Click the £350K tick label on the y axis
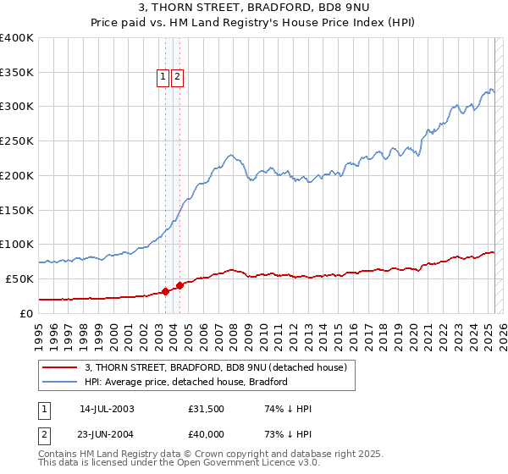pos(17,73)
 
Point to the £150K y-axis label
pos(17,210)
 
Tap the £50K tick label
pos(20,278)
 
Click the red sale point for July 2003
pos(165,291)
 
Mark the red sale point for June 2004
pos(179,285)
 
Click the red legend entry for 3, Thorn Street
pos(216,368)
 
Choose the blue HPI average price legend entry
pos(186,382)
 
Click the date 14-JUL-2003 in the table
pos(107,409)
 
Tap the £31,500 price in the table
pos(207,409)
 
